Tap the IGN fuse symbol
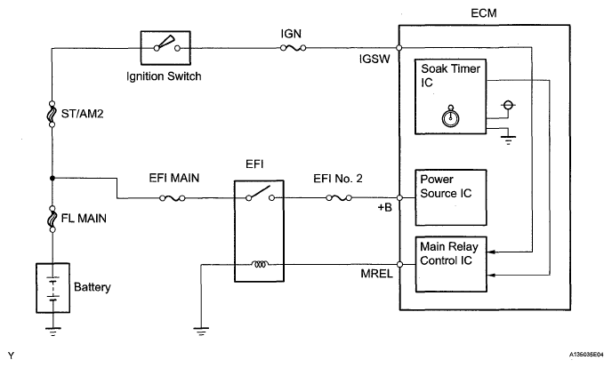[x=294, y=48]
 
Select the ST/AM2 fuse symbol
[x=52, y=114]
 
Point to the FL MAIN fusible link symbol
[x=52, y=219]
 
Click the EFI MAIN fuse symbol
[x=173, y=198]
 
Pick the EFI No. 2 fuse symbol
[x=339, y=198]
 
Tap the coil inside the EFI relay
[x=260, y=264]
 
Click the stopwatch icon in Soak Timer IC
[x=450, y=116]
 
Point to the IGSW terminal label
[x=374, y=59]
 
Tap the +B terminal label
[x=384, y=207]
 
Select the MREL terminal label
[x=376, y=274]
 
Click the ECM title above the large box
[x=484, y=13]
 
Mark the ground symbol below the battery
[x=52, y=332]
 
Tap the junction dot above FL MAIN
[x=52, y=178]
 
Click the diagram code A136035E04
[x=586, y=355]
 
